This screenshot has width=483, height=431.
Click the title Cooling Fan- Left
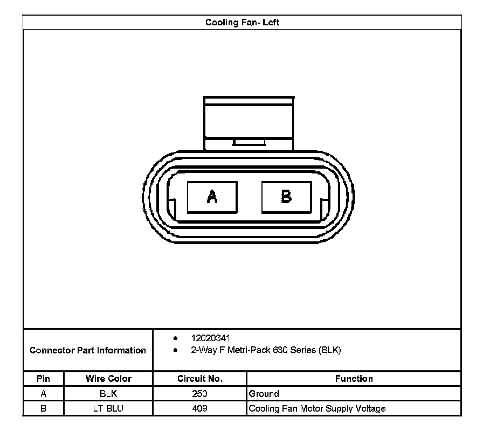pos(242,23)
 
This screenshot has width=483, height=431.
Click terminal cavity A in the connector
pos(212,197)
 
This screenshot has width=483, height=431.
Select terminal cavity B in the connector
pos(286,197)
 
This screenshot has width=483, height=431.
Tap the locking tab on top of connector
pos(249,123)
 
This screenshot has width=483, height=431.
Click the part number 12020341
pos(211,338)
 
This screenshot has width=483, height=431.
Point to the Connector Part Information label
pos(88,351)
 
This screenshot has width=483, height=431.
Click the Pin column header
pos(43,379)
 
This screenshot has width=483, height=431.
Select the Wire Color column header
pos(108,379)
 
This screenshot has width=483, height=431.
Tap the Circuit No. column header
pos(199,379)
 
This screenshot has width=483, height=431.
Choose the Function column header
pos(354,379)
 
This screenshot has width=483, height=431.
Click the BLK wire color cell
pos(108,394)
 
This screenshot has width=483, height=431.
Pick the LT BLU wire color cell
pos(108,408)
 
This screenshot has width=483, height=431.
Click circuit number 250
pos(199,394)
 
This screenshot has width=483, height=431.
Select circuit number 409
pos(199,408)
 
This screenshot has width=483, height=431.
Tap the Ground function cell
pos(264,394)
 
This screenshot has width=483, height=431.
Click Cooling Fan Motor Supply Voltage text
pos(317,408)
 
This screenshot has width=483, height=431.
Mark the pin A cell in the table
pos(43,394)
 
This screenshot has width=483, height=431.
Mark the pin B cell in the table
pos(43,408)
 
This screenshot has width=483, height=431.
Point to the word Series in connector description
pos(303,350)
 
